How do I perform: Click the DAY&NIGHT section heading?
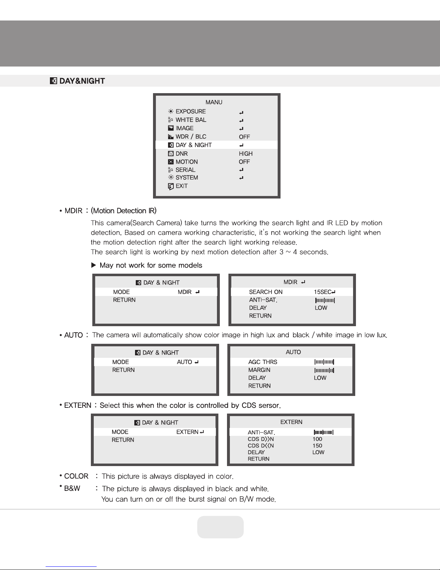click(x=82, y=81)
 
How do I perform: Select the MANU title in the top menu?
click(x=214, y=102)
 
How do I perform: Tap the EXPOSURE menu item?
click(x=190, y=111)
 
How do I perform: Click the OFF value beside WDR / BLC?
click(x=244, y=137)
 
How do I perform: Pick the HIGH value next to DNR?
click(x=246, y=154)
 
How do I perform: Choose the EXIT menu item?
click(x=181, y=186)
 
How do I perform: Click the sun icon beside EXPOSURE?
click(x=171, y=111)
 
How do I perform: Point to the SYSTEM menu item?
click(x=186, y=178)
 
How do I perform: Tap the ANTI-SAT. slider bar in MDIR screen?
click(x=325, y=300)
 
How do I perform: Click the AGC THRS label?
click(x=263, y=362)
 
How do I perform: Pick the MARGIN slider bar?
click(x=324, y=370)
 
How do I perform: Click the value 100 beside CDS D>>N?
click(x=317, y=439)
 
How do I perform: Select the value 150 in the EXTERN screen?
click(x=317, y=446)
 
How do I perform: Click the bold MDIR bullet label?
click(x=73, y=211)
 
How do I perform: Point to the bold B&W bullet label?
click(x=72, y=488)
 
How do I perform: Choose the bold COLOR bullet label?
click(x=76, y=476)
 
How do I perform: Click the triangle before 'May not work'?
click(x=94, y=265)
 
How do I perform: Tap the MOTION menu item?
click(x=186, y=162)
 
